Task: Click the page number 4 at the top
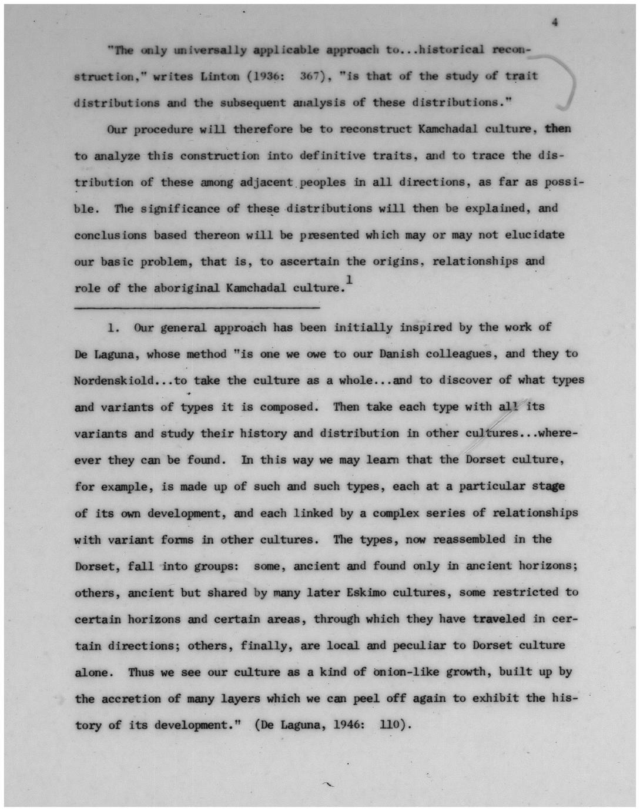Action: (x=554, y=22)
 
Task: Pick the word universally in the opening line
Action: (x=210, y=50)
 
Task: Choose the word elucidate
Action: (x=534, y=234)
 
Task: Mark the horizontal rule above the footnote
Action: (x=197, y=307)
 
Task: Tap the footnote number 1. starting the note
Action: (x=113, y=328)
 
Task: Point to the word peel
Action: (x=367, y=699)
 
